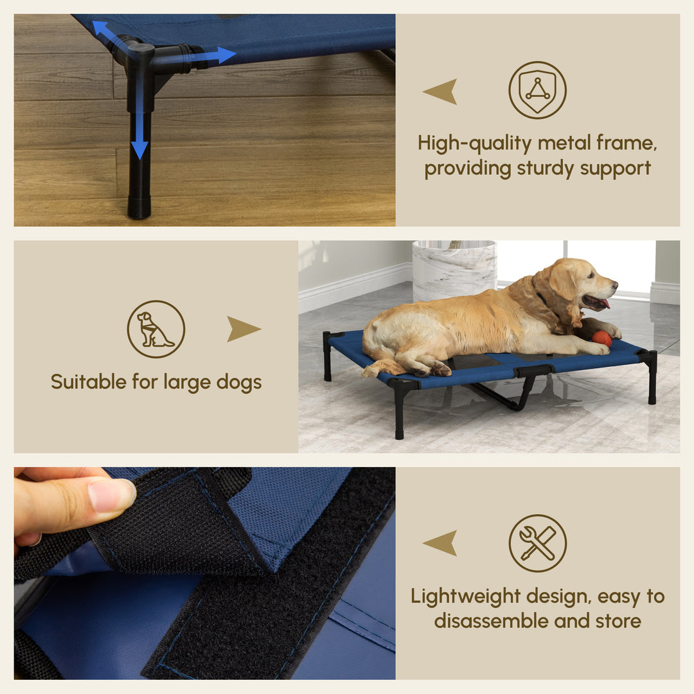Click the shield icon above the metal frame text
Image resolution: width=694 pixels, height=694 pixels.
coord(537,90)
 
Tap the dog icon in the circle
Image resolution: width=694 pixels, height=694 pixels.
coord(156,329)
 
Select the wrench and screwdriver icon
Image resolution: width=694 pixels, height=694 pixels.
coord(537,543)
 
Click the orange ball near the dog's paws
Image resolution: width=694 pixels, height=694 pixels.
coord(601,339)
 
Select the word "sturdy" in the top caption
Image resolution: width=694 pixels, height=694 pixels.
coord(546,168)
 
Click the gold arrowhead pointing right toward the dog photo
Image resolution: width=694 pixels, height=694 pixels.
coord(243,329)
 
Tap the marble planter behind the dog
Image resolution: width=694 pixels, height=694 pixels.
coord(454,270)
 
